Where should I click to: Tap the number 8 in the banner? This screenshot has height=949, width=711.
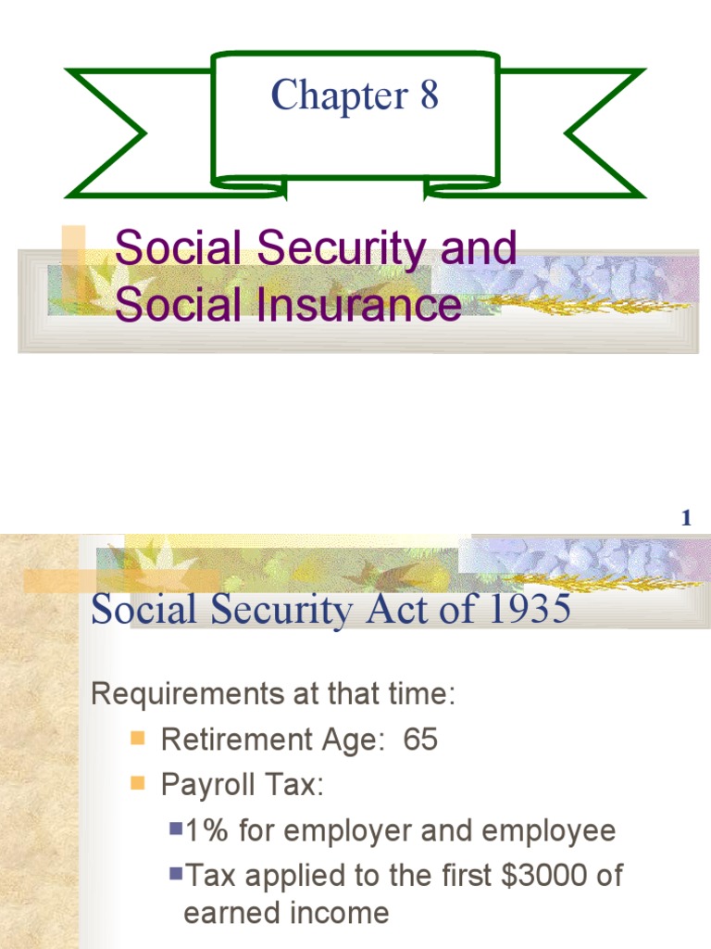[x=429, y=95]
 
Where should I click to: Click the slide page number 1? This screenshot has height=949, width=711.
[x=686, y=519]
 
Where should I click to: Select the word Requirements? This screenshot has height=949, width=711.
[x=173, y=696]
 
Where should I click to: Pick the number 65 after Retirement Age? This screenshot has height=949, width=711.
[x=420, y=740]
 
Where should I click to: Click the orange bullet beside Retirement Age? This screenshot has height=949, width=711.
[x=138, y=739]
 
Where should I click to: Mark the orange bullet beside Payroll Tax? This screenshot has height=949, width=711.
[x=138, y=784]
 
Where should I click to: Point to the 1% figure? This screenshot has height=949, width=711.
[x=206, y=831]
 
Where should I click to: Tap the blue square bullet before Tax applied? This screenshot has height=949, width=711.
[x=176, y=874]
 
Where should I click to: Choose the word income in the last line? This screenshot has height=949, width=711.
[x=336, y=913]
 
